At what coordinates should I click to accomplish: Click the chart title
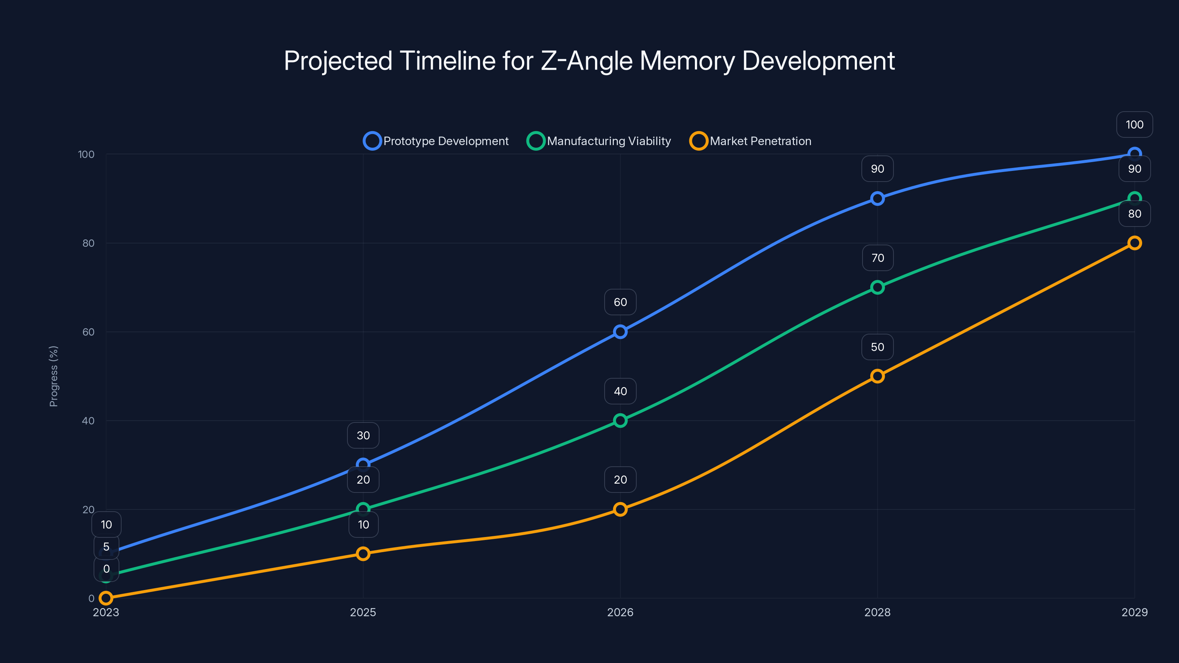click(x=589, y=61)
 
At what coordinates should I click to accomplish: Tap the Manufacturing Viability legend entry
click(x=599, y=141)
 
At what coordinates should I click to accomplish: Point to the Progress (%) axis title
click(x=53, y=376)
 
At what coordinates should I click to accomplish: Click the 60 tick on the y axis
click(x=88, y=332)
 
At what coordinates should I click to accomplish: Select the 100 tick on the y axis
click(x=86, y=154)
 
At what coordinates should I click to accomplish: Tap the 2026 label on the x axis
click(x=620, y=612)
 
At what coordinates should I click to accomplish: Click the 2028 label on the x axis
click(x=877, y=612)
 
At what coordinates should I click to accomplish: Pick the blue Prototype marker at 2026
click(x=620, y=332)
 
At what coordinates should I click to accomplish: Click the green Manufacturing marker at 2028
click(x=877, y=287)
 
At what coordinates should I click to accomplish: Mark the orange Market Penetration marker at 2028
click(x=877, y=376)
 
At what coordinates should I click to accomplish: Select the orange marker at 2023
click(x=106, y=598)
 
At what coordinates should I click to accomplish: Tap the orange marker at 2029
click(x=1134, y=243)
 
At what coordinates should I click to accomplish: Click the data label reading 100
click(x=1134, y=124)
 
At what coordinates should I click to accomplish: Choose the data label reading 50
click(x=877, y=347)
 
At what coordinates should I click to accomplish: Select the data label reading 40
click(x=620, y=391)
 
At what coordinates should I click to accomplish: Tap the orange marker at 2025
click(x=363, y=554)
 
